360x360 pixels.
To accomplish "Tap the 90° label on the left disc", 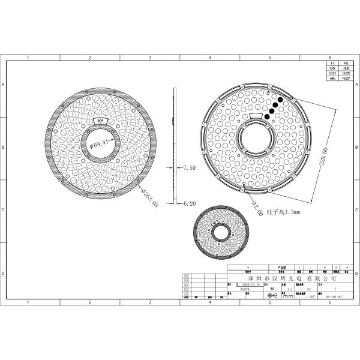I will coord(100,121).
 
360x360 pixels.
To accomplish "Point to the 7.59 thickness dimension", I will coord(188,167).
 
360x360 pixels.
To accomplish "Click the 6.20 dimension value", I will coord(188,203).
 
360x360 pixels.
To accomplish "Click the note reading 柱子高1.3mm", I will coord(282,212).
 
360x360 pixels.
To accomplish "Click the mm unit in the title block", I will coord(288,296).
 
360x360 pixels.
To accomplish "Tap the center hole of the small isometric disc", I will coord(221,235).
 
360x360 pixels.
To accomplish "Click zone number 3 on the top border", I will coord(149,58).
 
